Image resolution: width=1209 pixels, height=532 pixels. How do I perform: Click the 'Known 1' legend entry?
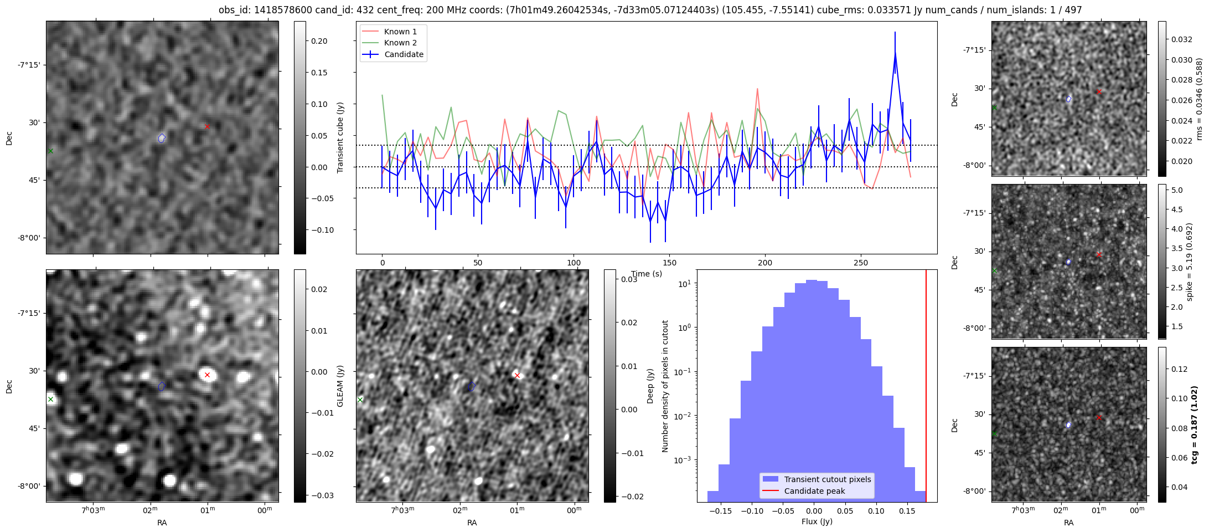(x=400, y=32)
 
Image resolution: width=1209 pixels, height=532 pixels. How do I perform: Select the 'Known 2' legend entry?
(x=400, y=43)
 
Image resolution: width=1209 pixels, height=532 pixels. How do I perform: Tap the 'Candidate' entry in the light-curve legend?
(x=404, y=54)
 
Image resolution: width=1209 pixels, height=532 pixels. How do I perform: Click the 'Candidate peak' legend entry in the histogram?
(x=814, y=491)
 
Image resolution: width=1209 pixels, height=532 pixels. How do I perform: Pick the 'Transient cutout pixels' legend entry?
(x=827, y=479)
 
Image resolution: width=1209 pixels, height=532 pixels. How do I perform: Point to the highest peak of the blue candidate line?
(x=895, y=53)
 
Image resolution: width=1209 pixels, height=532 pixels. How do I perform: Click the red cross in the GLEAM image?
(x=207, y=375)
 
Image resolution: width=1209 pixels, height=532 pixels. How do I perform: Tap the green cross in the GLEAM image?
(x=50, y=399)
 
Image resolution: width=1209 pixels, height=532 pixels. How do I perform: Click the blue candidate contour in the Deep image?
(x=472, y=386)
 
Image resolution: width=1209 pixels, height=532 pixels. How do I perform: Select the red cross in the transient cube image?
(x=207, y=127)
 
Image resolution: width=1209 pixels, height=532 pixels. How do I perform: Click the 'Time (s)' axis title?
(x=647, y=274)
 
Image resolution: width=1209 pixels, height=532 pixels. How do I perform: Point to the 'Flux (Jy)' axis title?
(x=817, y=521)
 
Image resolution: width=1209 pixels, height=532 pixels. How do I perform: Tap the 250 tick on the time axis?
(x=861, y=263)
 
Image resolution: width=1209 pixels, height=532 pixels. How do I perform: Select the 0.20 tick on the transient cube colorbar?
(x=319, y=41)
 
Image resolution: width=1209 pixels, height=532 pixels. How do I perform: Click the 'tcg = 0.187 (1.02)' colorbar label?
(x=1195, y=424)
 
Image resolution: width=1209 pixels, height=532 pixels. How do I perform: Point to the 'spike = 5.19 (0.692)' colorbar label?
(x=1190, y=262)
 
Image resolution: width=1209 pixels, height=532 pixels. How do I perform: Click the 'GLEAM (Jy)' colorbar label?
(x=340, y=386)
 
